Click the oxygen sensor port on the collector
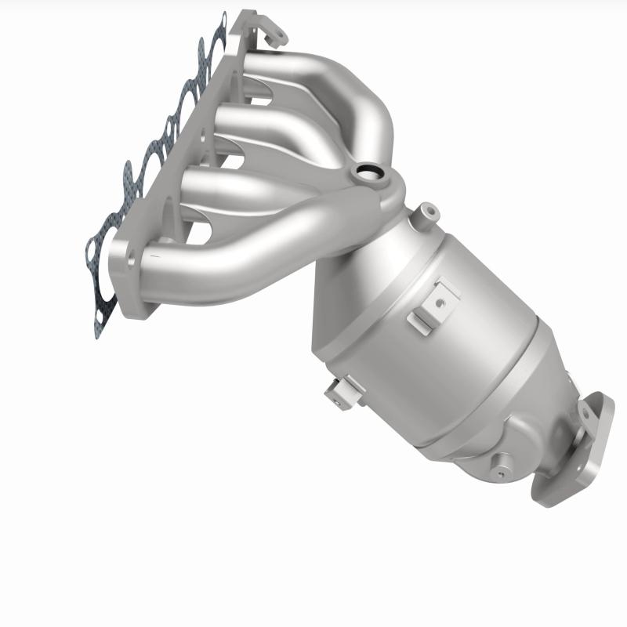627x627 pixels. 366,171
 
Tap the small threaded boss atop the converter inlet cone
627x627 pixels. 427,210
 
